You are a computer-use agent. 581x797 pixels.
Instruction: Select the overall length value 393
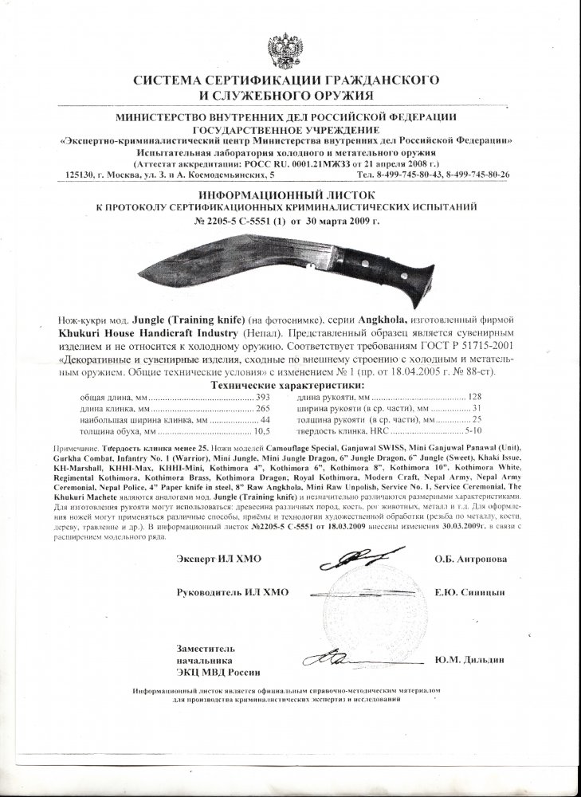pos(264,396)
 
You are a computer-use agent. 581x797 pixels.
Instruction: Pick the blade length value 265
pos(264,407)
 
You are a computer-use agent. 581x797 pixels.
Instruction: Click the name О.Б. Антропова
pos(470,559)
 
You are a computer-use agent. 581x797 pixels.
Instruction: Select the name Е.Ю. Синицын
pos(470,593)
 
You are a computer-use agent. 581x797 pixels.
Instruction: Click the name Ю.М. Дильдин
pos(470,660)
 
